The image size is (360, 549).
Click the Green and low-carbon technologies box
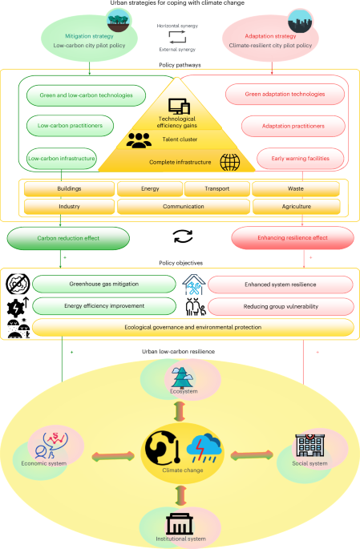pos(91,95)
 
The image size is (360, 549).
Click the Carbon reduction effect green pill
pos(67,238)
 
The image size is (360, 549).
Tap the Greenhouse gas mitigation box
pos(104,285)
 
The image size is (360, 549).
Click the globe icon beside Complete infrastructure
pos(230,162)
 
